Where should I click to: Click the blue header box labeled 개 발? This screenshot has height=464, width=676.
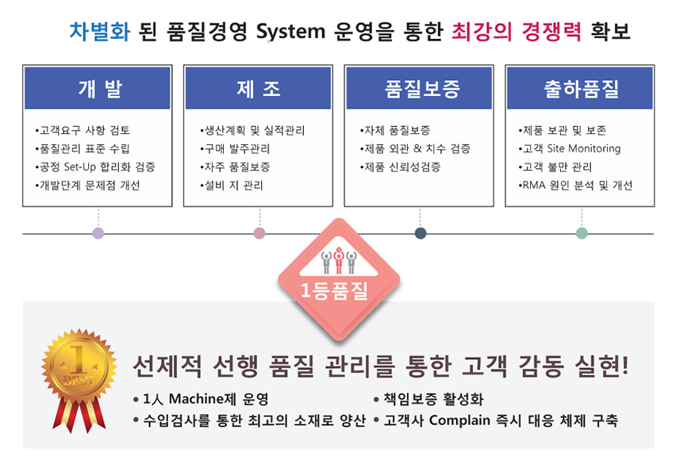[98, 88]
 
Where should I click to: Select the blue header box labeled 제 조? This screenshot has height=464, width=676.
[258, 88]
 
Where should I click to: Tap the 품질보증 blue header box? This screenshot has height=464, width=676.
[419, 88]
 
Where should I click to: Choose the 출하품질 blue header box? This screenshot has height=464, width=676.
[580, 88]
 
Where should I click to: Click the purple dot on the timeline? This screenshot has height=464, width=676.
[98, 233]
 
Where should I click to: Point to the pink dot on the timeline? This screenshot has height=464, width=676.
[259, 233]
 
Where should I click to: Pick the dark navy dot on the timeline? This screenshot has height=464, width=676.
[421, 233]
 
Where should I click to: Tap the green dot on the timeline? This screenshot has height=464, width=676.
[582, 233]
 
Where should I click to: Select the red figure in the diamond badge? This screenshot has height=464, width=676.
[339, 260]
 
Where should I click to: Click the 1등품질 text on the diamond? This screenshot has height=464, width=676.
[335, 290]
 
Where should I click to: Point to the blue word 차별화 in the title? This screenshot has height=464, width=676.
[100, 32]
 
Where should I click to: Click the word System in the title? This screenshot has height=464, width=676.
[290, 32]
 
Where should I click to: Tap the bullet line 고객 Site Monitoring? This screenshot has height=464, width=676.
[570, 148]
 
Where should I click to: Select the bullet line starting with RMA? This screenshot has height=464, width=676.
[575, 186]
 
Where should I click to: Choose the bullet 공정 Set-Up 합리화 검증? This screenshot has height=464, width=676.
[95, 167]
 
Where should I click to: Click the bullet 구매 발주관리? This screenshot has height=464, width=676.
[235, 148]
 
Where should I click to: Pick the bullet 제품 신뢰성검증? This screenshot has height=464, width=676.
[400, 167]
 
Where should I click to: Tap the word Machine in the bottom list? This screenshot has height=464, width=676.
[197, 399]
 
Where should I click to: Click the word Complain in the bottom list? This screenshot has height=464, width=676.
[460, 420]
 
